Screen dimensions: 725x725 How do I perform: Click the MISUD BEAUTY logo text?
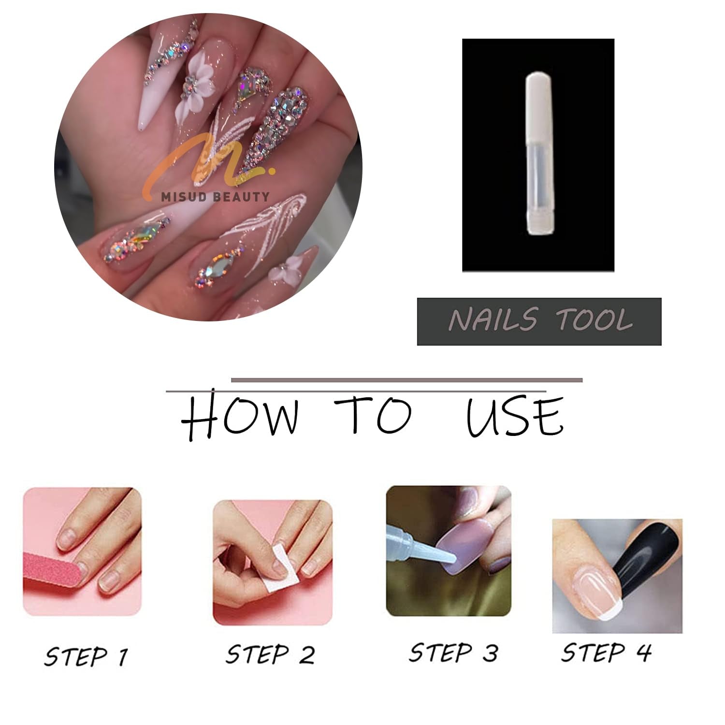(x=216, y=196)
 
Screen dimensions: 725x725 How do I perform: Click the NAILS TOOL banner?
(x=539, y=321)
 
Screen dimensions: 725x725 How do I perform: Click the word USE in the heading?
(x=514, y=416)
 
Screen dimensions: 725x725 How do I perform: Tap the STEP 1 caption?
(x=86, y=656)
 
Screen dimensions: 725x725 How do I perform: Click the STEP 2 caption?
(x=270, y=655)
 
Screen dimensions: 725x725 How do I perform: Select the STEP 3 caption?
(x=453, y=652)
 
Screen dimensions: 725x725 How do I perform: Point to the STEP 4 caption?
(x=606, y=652)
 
